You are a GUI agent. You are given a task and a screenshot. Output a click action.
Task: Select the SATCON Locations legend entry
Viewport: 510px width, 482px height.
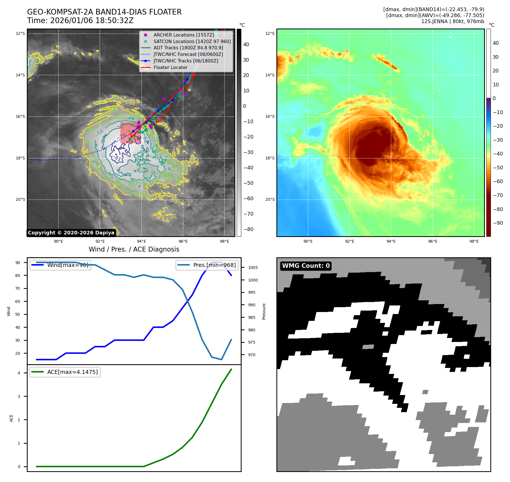(x=192, y=41)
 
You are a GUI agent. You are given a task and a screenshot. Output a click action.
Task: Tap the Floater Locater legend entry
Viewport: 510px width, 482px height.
(x=170, y=67)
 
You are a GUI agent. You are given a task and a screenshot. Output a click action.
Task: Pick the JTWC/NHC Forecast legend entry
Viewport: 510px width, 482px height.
(x=188, y=54)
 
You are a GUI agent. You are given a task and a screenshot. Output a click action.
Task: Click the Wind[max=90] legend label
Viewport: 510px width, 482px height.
(x=68, y=265)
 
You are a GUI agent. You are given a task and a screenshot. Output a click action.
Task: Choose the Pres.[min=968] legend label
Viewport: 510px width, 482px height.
(x=214, y=265)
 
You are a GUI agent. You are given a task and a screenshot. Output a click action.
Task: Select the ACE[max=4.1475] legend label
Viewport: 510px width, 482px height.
(x=72, y=372)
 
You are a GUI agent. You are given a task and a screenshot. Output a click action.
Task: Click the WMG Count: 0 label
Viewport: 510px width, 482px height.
(x=306, y=266)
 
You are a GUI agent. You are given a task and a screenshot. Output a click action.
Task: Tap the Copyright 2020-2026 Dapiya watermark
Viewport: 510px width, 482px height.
(x=71, y=233)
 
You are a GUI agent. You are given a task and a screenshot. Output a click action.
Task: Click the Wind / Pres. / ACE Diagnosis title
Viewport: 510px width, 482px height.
(x=134, y=249)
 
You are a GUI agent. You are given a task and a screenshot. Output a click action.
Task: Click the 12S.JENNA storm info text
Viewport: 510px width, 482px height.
(x=452, y=21)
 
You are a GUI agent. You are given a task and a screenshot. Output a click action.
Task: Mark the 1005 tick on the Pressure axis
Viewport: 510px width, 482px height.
(x=253, y=268)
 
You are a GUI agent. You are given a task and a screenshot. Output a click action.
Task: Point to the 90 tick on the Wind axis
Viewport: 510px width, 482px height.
(x=18, y=263)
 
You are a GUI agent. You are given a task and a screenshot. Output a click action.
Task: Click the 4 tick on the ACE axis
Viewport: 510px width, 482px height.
(x=19, y=373)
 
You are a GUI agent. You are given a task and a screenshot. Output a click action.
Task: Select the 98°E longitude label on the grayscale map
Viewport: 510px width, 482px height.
(x=224, y=241)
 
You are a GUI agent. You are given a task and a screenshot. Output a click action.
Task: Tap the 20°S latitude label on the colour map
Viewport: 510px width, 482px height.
(x=270, y=200)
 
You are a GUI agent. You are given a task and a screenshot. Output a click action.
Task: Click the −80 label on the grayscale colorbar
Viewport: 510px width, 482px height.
(x=248, y=229)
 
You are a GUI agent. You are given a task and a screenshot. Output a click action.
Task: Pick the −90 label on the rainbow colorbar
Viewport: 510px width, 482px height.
(x=498, y=223)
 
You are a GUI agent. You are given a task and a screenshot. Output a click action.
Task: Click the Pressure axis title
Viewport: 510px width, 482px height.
(x=264, y=311)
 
